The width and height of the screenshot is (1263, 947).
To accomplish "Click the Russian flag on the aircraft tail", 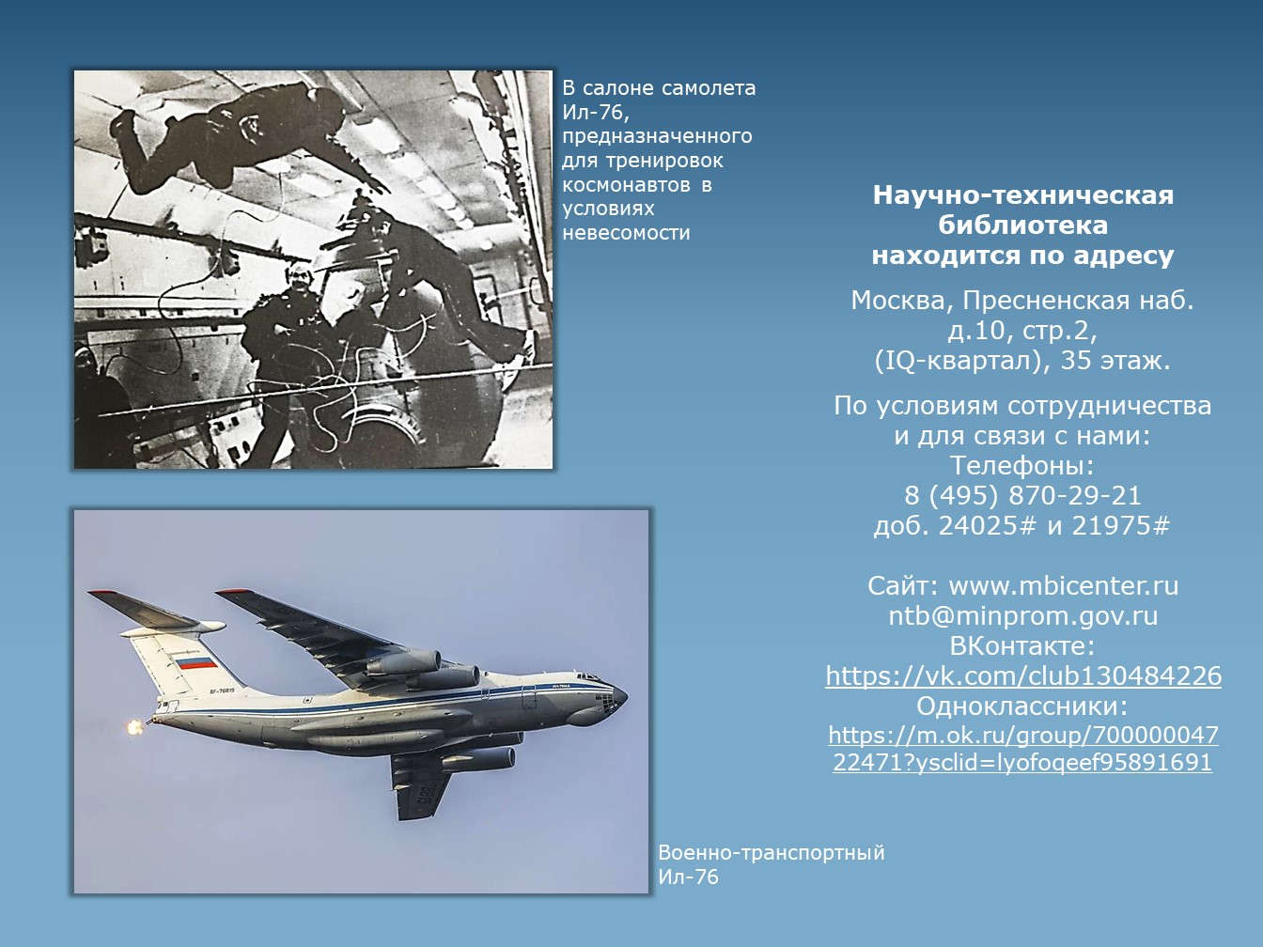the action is pyautogui.click(x=196, y=663).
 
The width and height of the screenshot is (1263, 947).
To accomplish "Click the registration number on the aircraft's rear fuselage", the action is pyautogui.click(x=222, y=691).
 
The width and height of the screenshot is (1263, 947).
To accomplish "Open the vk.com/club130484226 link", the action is pyautogui.click(x=1023, y=675).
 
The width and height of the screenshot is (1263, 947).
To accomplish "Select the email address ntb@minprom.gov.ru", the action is pyautogui.click(x=1023, y=615).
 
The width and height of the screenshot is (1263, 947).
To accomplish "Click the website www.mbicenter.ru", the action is pyautogui.click(x=1064, y=586).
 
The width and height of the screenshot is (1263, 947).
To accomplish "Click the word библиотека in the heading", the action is pyautogui.click(x=1023, y=225).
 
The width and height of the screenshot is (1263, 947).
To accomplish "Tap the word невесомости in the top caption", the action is pyautogui.click(x=626, y=233).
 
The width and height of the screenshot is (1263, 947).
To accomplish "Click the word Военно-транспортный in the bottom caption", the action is pyautogui.click(x=772, y=851).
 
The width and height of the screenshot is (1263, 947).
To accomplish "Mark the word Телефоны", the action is pyautogui.click(x=1021, y=466).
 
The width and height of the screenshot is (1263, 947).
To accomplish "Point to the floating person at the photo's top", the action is pyautogui.click(x=242, y=138).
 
